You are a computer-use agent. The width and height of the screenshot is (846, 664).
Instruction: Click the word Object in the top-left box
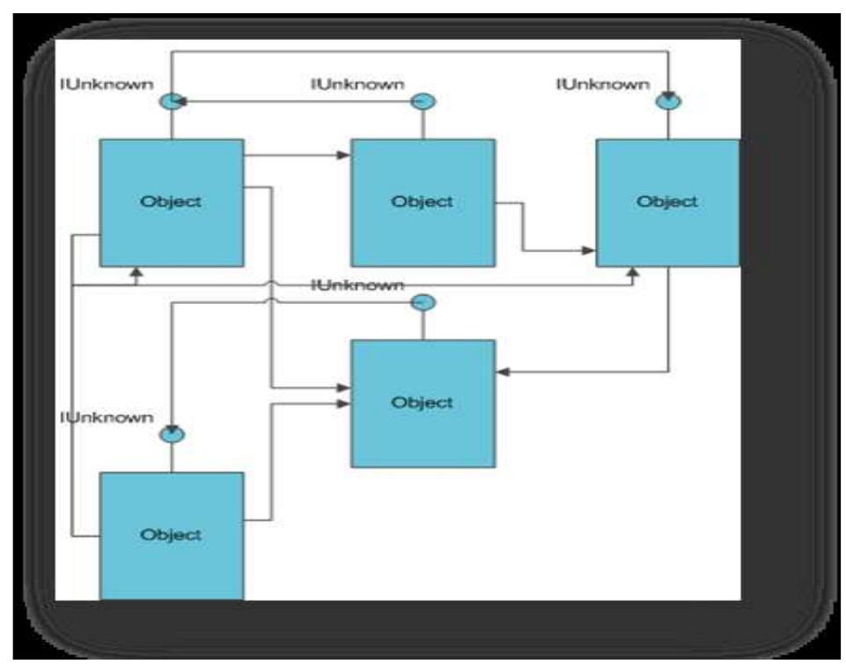[x=171, y=202]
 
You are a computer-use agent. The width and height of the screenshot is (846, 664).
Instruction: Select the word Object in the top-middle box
[x=422, y=202]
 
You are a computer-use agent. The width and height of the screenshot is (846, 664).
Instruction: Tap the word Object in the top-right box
[x=666, y=202]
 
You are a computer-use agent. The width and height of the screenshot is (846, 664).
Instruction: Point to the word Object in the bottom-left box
[x=171, y=535]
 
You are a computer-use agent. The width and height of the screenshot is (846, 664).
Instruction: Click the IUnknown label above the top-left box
[x=107, y=85]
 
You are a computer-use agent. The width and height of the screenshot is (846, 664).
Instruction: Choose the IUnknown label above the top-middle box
[x=357, y=85]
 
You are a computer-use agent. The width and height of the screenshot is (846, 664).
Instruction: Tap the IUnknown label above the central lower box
[x=357, y=285]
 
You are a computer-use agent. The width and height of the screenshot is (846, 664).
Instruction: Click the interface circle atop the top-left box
[x=171, y=102]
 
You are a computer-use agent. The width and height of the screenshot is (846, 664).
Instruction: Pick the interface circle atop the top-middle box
[x=423, y=102]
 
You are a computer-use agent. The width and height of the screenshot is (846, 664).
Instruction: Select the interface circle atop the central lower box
[x=423, y=303]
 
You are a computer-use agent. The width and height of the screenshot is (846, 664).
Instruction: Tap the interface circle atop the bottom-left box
[x=172, y=433]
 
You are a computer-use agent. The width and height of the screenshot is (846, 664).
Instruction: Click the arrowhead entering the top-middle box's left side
[x=344, y=156]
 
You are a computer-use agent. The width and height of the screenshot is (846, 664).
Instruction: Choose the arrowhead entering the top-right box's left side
[x=589, y=251]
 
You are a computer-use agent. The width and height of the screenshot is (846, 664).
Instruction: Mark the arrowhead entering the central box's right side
[x=503, y=373]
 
